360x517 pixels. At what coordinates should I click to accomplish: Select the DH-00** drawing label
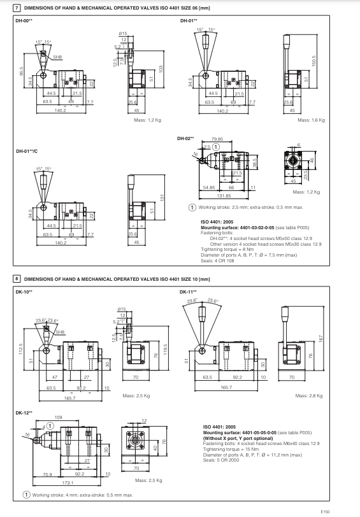click(x=24, y=21)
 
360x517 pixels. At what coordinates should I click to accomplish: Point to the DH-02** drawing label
click(x=185, y=138)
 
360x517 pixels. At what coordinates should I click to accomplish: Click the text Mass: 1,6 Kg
click(x=312, y=120)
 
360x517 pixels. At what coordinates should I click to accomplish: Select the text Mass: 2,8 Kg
click(x=312, y=395)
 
